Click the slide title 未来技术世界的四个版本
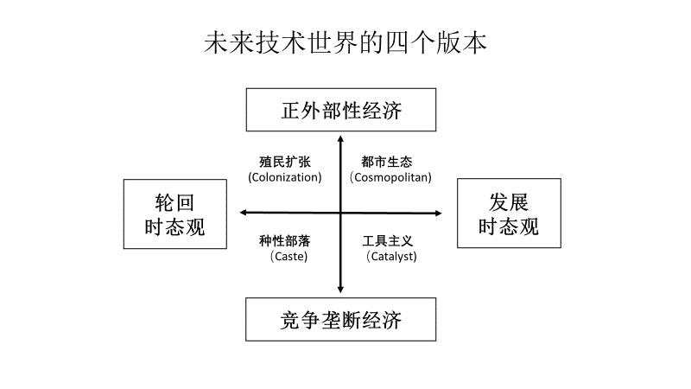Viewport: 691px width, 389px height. [345, 42]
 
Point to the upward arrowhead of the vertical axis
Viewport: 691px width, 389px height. [340, 138]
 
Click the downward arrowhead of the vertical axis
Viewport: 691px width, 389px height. [340, 290]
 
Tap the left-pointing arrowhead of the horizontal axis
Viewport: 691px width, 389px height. [243, 213]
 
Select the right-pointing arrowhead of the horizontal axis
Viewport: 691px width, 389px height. [439, 213]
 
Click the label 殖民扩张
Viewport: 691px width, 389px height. [285, 162]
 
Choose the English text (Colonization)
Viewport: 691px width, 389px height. [285, 177]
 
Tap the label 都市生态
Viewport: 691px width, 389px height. [387, 162]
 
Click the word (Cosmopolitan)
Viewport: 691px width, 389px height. [391, 177]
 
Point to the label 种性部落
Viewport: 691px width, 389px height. [285, 241]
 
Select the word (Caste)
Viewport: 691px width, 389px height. [289, 256]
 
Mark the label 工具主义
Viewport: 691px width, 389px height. [387, 241]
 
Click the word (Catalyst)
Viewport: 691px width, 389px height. [392, 256]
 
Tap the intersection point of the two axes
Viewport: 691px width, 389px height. [340, 213]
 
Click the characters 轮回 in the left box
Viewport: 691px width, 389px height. [174, 202]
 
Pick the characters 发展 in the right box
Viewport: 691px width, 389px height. [509, 202]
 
